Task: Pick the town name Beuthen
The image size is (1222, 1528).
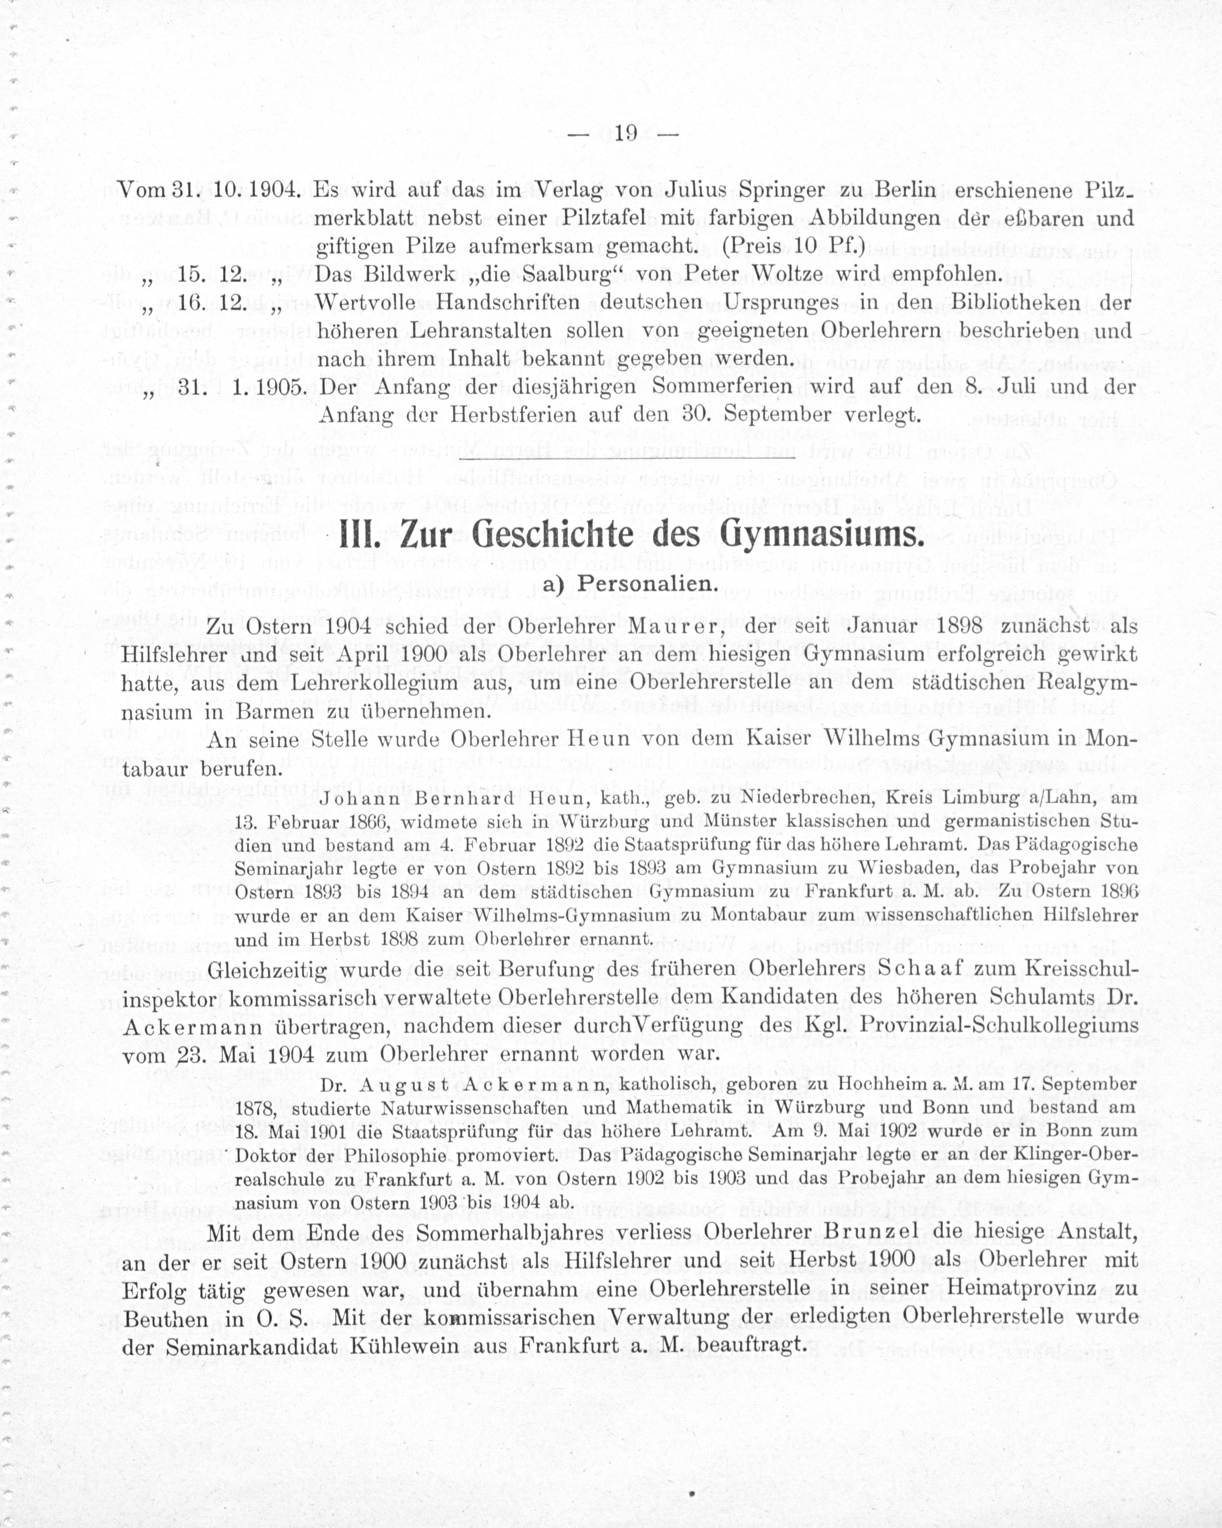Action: tap(165, 1318)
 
